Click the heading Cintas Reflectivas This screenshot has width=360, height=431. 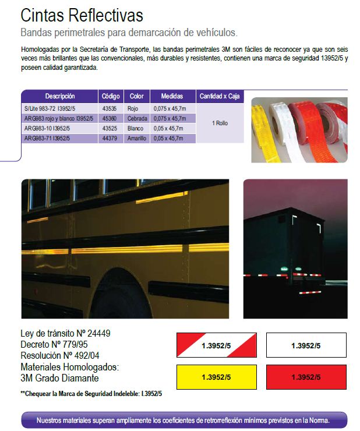coord(82,15)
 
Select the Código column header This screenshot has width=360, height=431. coord(110,96)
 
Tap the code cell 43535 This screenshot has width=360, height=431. coord(110,109)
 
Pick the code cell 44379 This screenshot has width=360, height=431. coord(110,138)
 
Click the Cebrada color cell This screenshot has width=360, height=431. coord(137,119)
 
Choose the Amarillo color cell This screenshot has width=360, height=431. coord(137,138)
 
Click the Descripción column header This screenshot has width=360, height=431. coord(60,96)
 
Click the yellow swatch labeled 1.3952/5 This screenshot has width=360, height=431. coord(216,377)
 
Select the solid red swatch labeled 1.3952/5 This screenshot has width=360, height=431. coord(306,377)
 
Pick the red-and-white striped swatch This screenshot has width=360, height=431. coord(216,345)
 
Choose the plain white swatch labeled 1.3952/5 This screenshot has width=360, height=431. coord(306,345)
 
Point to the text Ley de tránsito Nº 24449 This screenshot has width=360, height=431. coord(65,334)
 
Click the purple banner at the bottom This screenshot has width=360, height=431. coord(183,420)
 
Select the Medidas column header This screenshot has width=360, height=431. coord(172,96)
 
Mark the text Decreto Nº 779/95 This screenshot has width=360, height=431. coord(54,345)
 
